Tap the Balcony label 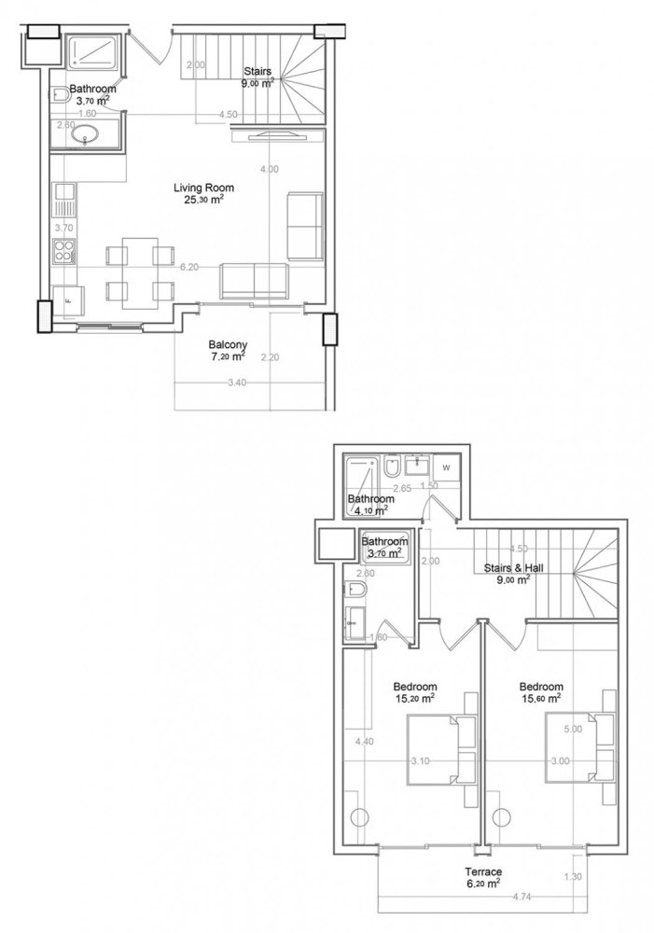click(228, 343)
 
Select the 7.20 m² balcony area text click(228, 356)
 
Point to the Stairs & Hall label click(508, 566)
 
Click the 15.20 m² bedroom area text click(414, 698)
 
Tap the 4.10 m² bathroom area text click(370, 510)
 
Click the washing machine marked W click(445, 467)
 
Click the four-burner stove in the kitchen click(65, 251)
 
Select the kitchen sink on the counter click(65, 195)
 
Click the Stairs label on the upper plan click(257, 71)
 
